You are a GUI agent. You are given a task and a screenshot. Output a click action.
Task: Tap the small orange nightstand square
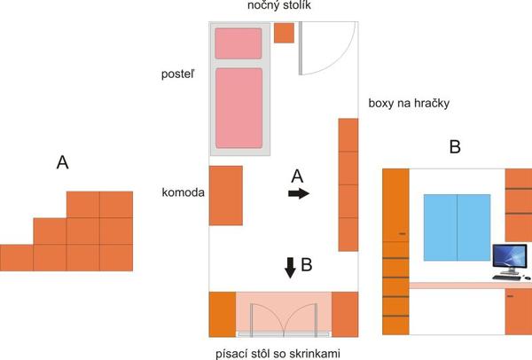tap(284, 33)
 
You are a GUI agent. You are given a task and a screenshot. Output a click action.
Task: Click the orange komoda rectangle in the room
tap(225, 195)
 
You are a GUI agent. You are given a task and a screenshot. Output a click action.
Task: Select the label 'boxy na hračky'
tap(411, 104)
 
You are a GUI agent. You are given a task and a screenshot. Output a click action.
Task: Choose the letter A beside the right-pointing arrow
tap(298, 176)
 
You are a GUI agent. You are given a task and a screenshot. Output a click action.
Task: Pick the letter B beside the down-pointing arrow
tap(307, 263)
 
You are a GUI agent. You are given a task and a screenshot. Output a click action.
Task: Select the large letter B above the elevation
tap(455, 148)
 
